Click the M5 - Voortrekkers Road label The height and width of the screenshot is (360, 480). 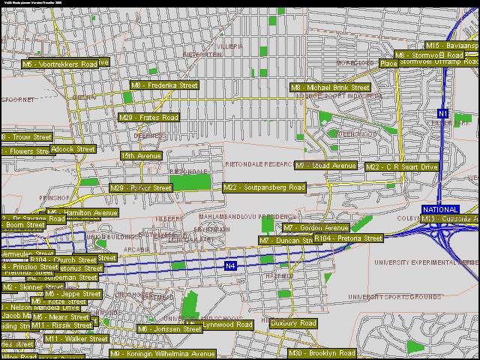coord(59,64)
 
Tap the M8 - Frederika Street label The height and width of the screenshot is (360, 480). coord(164,85)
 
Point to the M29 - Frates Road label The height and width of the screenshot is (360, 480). coord(148,118)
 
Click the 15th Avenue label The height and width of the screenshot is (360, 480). coord(141,156)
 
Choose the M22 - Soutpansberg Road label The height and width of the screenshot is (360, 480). coord(264,187)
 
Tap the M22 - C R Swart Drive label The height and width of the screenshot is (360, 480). coord(401,167)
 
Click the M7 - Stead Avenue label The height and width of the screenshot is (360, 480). coord(325,166)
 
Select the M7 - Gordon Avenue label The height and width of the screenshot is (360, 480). coord(315,228)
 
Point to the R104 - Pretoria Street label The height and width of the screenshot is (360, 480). coord(348,238)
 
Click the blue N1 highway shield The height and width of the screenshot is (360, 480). coord(443,114)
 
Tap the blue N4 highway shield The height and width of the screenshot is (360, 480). coord(231,265)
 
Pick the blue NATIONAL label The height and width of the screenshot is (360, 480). coord(440,209)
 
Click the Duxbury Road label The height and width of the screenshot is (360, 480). coord(293,323)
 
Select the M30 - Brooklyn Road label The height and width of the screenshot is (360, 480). coord(322,353)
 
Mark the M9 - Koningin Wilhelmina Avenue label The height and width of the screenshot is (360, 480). coord(163,354)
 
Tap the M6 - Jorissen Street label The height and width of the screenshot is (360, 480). coord(169,329)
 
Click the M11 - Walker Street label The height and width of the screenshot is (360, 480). coord(76,339)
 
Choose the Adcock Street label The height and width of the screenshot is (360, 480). coord(73,149)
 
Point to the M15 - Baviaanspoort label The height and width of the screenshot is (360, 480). coord(452,46)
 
